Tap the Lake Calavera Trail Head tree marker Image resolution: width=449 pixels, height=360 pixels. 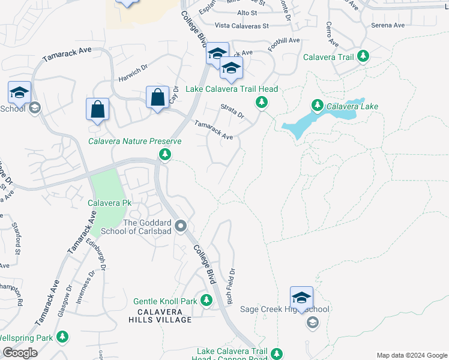click(262, 103)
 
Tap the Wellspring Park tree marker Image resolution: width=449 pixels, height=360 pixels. click(62, 337)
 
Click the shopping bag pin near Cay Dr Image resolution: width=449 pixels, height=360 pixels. click(157, 98)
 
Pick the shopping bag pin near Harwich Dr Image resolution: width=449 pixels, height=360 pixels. click(97, 110)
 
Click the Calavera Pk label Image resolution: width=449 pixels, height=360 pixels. click(110, 203)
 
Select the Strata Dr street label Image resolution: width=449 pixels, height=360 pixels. click(232, 110)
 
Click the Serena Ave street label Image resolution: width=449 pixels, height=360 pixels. click(388, 25)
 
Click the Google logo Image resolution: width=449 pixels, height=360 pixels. click(20, 353)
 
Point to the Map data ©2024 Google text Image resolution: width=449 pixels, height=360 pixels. click(411, 355)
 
